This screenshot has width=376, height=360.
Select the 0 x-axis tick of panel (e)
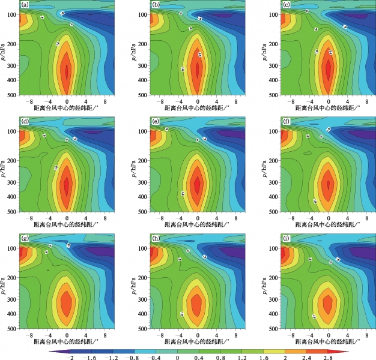(198, 217)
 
